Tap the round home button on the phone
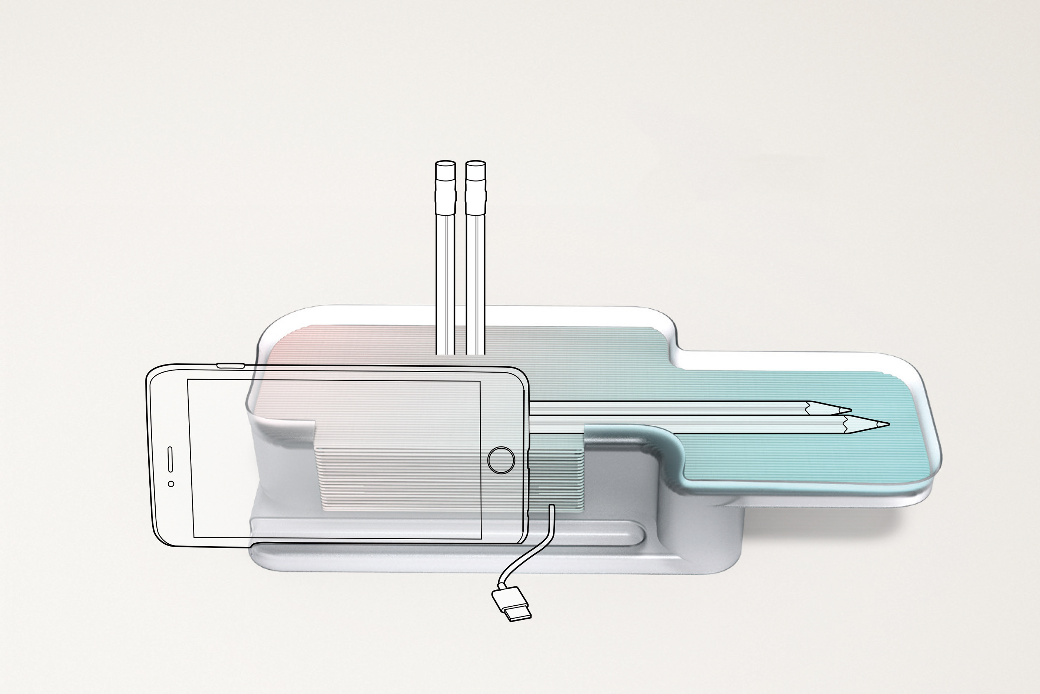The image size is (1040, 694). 501,460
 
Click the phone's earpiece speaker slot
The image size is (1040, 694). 170,459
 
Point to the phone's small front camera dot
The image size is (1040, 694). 171,484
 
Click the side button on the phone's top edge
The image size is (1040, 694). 230,366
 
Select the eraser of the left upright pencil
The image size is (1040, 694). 446,170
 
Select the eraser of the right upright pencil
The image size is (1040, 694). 476,170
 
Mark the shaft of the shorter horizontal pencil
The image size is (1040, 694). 664,407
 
